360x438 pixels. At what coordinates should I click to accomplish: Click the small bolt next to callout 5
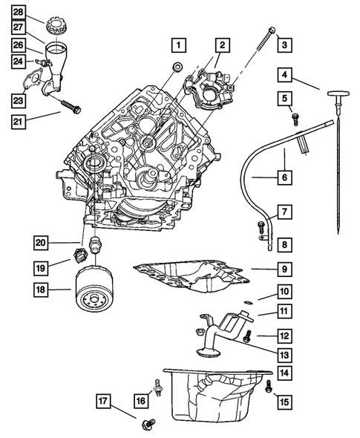295,118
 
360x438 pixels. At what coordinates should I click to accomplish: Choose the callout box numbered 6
286,177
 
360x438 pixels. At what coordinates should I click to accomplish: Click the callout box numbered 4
286,74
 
